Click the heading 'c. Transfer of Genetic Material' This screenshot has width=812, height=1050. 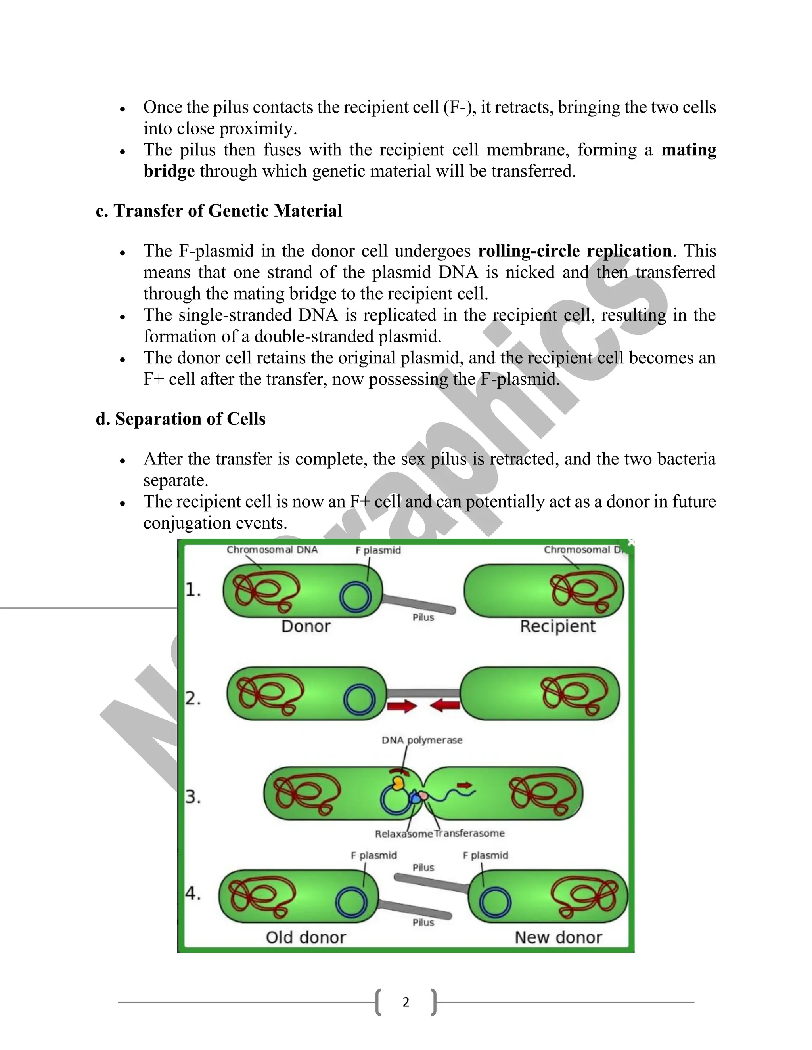pos(219,211)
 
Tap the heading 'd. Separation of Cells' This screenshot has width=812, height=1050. pos(180,419)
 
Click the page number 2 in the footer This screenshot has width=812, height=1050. pos(406,1002)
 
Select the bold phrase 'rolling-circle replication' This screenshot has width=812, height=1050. pos(575,251)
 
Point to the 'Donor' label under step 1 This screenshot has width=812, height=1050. pos(306,626)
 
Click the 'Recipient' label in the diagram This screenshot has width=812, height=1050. pos(557,626)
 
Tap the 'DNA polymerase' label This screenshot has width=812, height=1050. pos(422,740)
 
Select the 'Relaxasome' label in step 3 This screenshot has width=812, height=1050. pos(404,834)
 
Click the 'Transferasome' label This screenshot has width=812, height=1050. pos(469,834)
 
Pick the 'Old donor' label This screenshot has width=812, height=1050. pos(306,937)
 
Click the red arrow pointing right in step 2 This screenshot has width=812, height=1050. pos(402,706)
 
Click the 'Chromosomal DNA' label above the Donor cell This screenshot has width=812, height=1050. pos(272,550)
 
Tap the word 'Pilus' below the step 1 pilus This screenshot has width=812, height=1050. pos(423,617)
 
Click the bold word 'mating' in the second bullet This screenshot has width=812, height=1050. pos(689,150)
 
